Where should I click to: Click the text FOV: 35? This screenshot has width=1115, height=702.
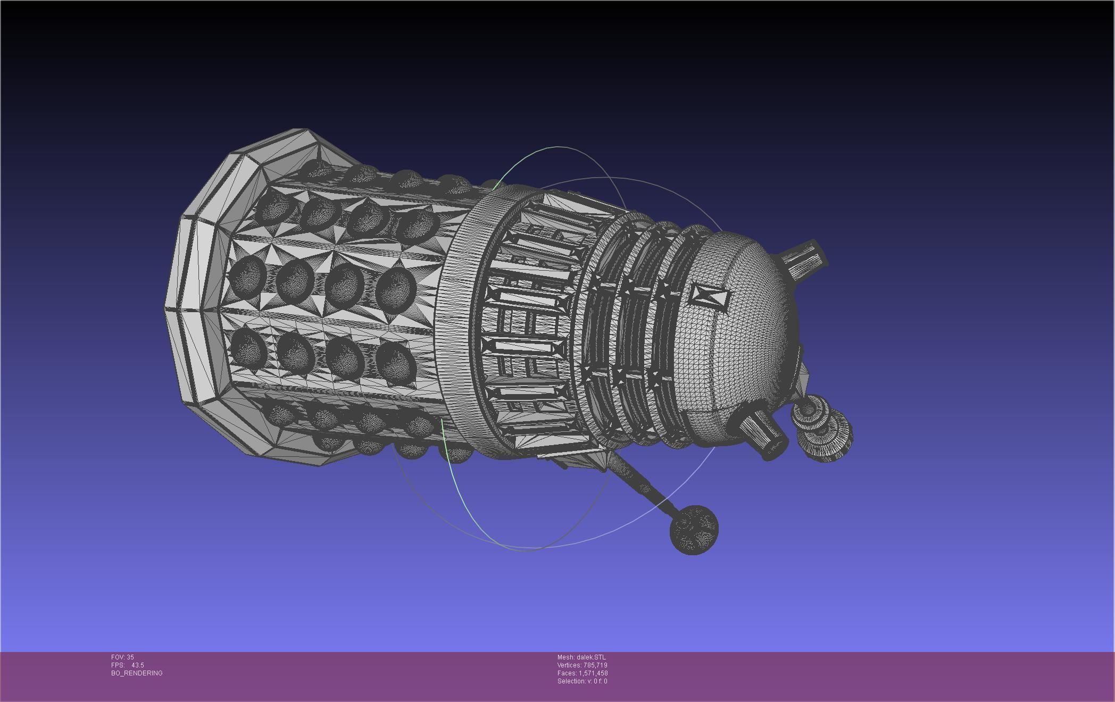[x=122, y=657]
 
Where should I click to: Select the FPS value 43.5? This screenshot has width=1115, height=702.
[x=137, y=665]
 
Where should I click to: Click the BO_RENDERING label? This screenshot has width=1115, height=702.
[x=137, y=673]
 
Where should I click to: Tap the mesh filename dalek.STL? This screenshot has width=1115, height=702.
[x=591, y=657]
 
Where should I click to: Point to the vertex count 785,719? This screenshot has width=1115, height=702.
[x=595, y=665]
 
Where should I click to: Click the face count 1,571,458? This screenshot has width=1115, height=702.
[x=593, y=673]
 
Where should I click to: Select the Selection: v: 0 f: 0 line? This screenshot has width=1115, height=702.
[x=582, y=681]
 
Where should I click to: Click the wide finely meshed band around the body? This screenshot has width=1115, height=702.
[x=457, y=319]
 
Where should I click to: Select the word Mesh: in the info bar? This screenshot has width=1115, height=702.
[x=565, y=657]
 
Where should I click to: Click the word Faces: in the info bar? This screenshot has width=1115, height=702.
[x=567, y=673]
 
